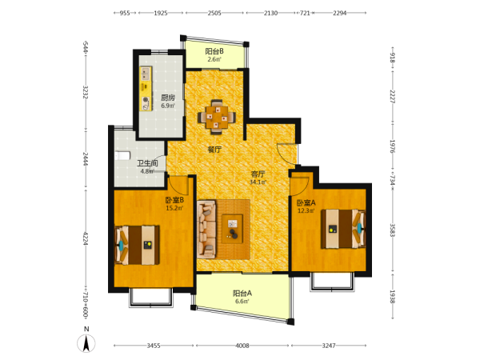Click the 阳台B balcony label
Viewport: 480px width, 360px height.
pos(214,51)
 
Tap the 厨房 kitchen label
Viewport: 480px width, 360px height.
pos(168,98)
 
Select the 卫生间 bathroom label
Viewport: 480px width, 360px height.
pos(147,163)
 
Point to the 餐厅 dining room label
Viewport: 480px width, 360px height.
pos(214,150)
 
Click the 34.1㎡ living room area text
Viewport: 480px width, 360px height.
pos(258,182)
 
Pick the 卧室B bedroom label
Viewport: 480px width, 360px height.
pos(174,200)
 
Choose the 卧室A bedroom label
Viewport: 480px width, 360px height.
pos(306,202)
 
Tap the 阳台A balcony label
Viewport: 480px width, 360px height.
pos(242,294)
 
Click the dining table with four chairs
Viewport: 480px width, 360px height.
pos(217,117)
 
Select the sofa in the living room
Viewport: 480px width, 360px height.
pos(206,228)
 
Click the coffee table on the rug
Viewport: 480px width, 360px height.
pos(232,229)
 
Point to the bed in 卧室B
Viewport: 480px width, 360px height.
pos(137,246)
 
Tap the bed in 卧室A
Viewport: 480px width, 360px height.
pos(343,229)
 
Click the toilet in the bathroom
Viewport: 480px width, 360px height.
pos(122,156)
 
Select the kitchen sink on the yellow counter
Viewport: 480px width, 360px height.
pos(146,74)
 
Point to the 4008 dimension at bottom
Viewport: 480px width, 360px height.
pos(242,346)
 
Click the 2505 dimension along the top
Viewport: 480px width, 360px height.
pos(214,13)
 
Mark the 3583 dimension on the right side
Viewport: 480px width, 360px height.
pos(392,230)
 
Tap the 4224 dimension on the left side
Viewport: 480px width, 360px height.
pos(86,238)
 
